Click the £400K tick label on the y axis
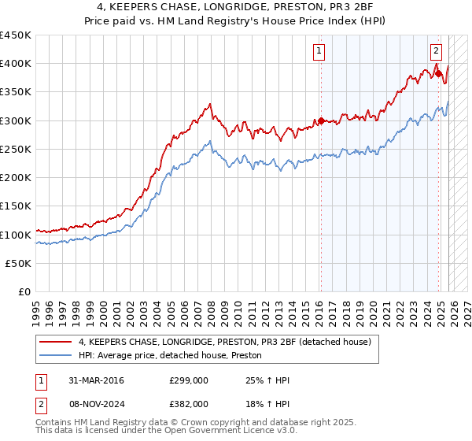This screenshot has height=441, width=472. pos(16,64)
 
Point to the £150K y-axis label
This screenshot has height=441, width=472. pos(16,206)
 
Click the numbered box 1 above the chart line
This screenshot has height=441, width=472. pos(320,52)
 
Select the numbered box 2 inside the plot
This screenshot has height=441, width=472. pos(436,52)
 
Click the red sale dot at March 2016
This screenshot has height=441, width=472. pos(321,121)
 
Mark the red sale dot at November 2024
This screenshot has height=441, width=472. pos(438,74)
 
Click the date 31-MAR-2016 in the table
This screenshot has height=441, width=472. pos(90,380)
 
